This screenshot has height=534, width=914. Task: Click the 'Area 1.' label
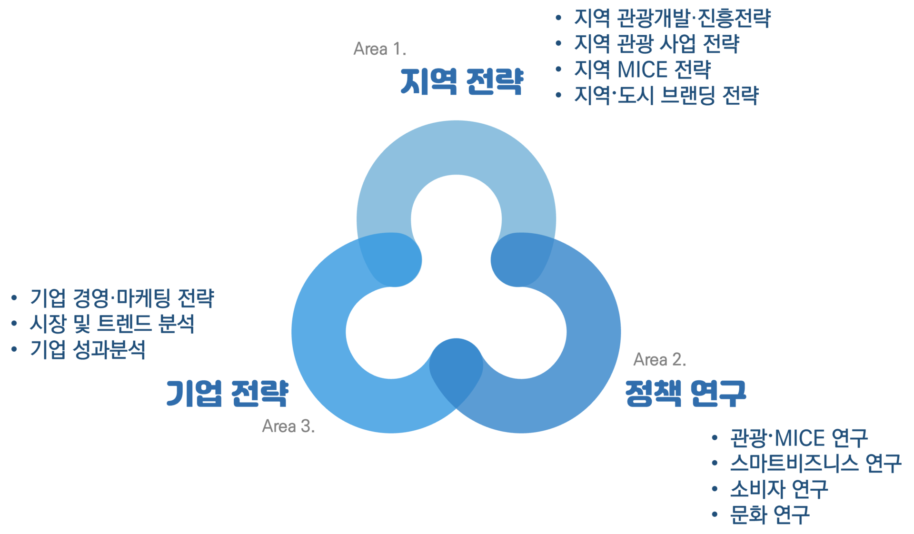click(380, 49)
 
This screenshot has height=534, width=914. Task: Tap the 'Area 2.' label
click(660, 359)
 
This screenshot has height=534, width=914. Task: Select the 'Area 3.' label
click(288, 426)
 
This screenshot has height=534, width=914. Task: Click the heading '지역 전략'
click(461, 81)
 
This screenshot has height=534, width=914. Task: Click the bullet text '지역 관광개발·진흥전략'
click(672, 19)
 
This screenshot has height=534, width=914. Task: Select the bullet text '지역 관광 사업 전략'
click(656, 44)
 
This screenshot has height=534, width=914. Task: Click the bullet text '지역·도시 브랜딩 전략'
click(666, 96)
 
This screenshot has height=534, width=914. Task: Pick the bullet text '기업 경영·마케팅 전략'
click(122, 298)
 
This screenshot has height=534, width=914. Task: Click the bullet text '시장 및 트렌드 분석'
click(112, 324)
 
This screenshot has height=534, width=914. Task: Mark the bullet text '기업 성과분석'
click(87, 350)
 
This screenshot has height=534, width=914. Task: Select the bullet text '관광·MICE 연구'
click(799, 438)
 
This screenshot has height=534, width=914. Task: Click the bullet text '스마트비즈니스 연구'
click(815, 464)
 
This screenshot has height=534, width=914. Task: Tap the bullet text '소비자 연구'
click(779, 489)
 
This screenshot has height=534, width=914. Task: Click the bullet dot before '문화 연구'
click(715, 514)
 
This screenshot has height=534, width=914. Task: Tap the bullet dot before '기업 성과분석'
click(14, 349)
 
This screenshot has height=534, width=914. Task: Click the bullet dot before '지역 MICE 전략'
click(558, 69)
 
